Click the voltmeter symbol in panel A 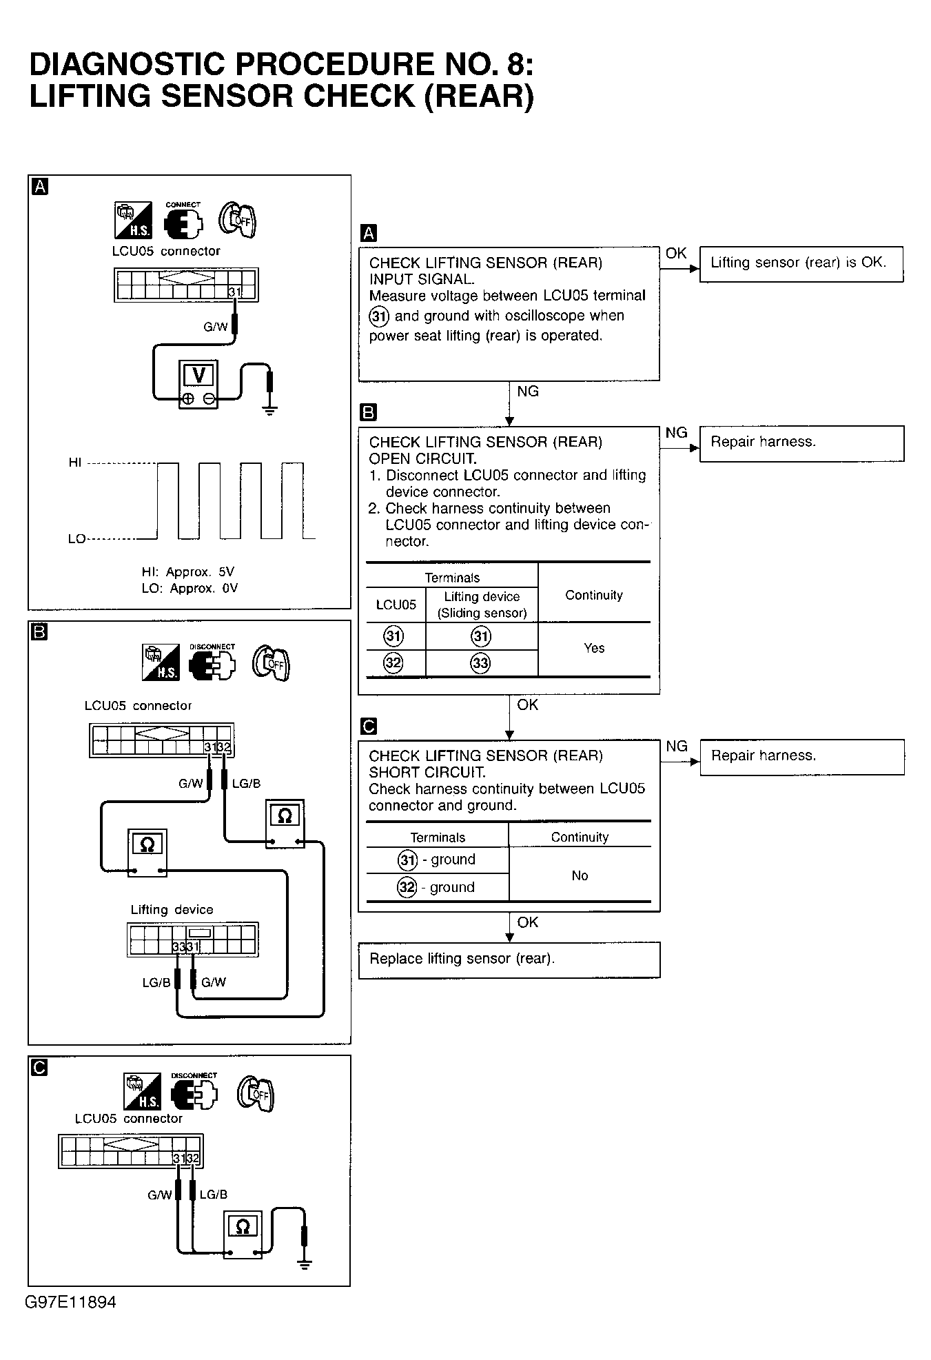198,383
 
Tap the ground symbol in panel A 270,411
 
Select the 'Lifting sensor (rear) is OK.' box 801,263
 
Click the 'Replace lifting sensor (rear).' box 509,960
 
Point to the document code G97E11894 71,1302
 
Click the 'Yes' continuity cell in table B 593,648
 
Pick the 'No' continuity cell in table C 580,875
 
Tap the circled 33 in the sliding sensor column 480,663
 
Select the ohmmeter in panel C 243,1235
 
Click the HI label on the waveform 75,463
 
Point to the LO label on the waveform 76,538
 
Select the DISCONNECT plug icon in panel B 212,663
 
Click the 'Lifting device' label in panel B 172,910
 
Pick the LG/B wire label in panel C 213,1195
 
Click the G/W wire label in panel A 215,327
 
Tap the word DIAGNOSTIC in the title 127,64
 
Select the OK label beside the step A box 675,253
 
